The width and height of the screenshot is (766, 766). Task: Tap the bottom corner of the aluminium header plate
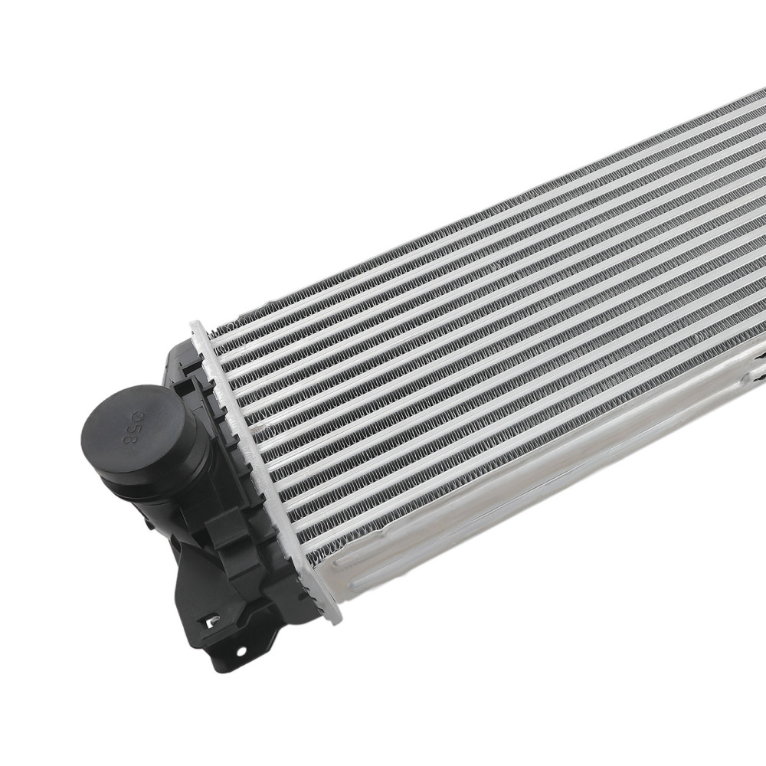336,617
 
